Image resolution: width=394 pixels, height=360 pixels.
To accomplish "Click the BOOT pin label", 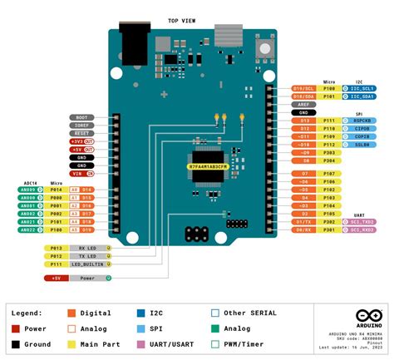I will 81,117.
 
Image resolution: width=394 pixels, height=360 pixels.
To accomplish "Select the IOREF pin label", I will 81,126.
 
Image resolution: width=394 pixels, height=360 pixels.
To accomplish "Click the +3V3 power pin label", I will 81,141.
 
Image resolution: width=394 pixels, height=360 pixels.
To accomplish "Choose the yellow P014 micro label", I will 56,190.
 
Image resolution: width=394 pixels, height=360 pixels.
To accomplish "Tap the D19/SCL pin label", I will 303,87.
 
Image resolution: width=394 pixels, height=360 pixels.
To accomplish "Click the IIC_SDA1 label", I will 362,96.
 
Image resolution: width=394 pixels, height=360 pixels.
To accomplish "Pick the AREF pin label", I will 303,104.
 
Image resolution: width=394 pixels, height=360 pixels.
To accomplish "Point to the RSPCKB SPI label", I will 362,121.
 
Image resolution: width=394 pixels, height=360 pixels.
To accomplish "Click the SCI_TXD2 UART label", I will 362,222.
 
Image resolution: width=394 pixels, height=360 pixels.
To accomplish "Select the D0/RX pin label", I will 303,230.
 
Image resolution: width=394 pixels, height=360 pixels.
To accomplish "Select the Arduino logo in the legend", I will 364,317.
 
